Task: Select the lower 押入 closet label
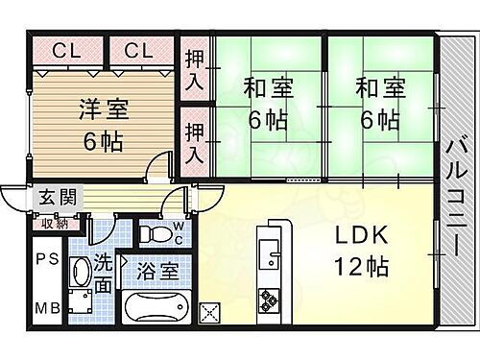[194, 140]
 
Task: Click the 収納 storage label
[53, 224]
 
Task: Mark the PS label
[47, 259]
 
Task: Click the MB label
[47, 309]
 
